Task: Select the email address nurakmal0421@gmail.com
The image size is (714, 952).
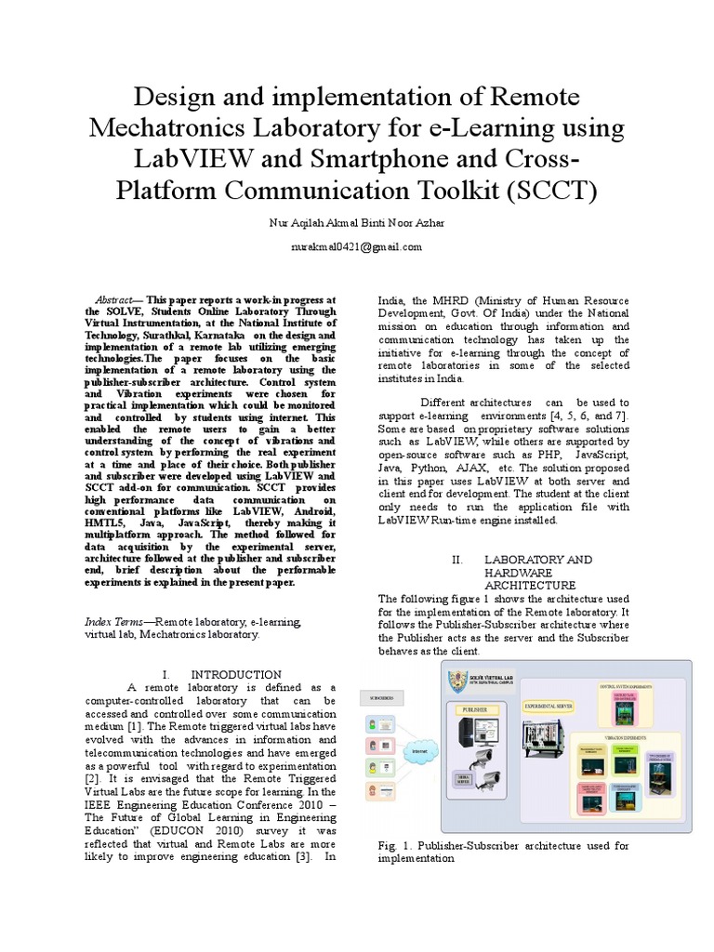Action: click(356, 247)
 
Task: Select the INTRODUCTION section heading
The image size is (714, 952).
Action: click(236, 674)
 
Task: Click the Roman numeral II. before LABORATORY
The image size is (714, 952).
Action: click(456, 560)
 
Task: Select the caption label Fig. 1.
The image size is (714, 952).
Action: click(395, 846)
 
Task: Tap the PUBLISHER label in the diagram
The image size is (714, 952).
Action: click(475, 709)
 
